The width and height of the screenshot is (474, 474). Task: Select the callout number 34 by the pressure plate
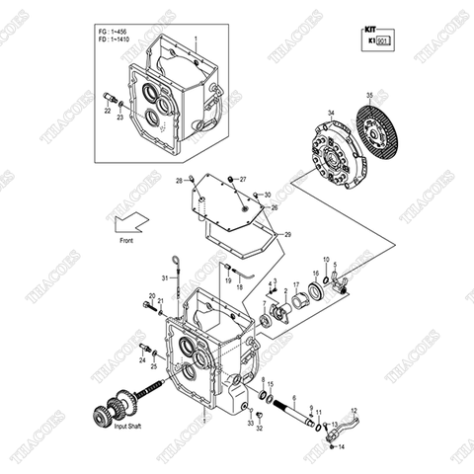coord(331,113)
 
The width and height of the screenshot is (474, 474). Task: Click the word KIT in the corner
coord(371,31)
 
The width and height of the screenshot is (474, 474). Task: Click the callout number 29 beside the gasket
coord(287,234)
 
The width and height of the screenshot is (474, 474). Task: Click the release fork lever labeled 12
coord(338,431)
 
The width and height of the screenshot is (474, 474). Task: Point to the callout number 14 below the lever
coord(342,447)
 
